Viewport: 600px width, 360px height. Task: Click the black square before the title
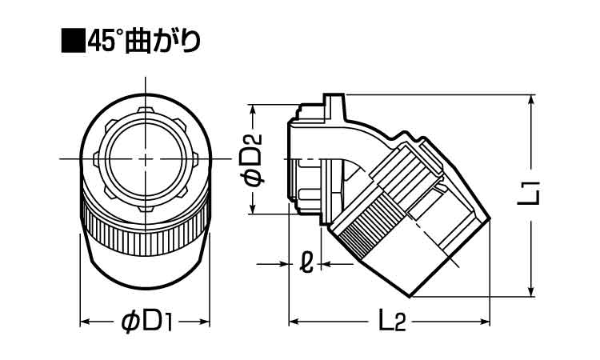[x=74, y=41]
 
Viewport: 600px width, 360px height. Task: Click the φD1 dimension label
[x=146, y=322]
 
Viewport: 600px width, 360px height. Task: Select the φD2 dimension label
[x=252, y=160]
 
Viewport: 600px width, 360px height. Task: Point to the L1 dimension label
[x=529, y=193]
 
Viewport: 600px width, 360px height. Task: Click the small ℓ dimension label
[x=306, y=263]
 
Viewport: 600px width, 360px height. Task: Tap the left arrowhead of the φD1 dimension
[x=85, y=322]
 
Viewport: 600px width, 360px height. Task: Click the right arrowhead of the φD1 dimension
[x=205, y=322]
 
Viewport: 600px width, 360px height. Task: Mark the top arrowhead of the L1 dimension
[x=531, y=100]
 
